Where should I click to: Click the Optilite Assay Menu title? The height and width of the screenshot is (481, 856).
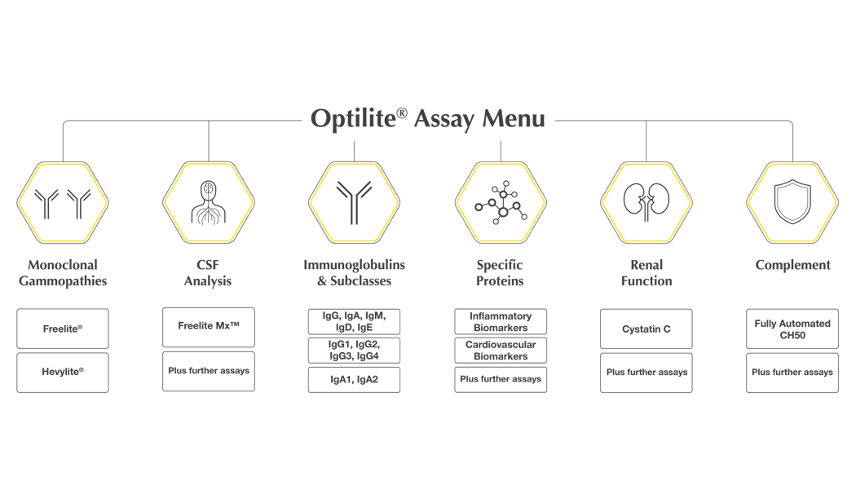point(427,119)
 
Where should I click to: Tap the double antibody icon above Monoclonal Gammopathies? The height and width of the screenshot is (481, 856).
point(64,203)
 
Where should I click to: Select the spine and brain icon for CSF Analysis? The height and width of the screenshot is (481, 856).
point(209,203)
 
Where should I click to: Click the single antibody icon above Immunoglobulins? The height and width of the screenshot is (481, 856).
point(354,203)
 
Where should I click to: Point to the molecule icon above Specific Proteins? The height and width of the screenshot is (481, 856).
point(501,203)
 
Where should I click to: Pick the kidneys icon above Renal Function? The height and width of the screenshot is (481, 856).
point(646,203)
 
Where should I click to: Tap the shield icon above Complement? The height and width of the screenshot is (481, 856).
point(792,203)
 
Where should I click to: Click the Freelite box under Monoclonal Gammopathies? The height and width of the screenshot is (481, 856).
point(64,329)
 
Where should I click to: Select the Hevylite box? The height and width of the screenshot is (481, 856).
point(64,372)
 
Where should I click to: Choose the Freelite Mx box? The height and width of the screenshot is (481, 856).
point(209,326)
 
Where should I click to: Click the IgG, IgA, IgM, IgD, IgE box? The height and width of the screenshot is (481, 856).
point(354,321)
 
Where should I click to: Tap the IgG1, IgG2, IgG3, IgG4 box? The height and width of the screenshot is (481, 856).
point(354,351)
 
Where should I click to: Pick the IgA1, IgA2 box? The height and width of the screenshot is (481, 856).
point(354,379)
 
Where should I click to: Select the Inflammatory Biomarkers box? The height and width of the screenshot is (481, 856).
point(501,321)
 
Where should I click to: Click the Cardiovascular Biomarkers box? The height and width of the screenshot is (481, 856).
point(501,351)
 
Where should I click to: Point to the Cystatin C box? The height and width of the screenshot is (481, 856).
point(646,329)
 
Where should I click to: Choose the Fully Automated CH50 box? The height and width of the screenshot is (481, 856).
point(792,329)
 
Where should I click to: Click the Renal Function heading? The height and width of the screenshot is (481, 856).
point(646,273)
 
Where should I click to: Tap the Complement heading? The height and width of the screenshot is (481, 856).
point(792,265)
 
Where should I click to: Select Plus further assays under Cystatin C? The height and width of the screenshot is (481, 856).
point(646,373)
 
